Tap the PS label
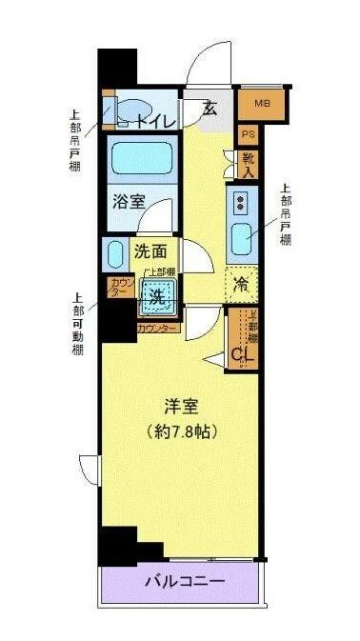248,135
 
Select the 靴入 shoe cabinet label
248,166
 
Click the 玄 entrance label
210,108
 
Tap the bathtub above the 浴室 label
141,156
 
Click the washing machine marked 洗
159,298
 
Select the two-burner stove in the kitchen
241,201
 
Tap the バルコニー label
184,581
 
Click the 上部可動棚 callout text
78,324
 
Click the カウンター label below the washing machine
157,328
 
